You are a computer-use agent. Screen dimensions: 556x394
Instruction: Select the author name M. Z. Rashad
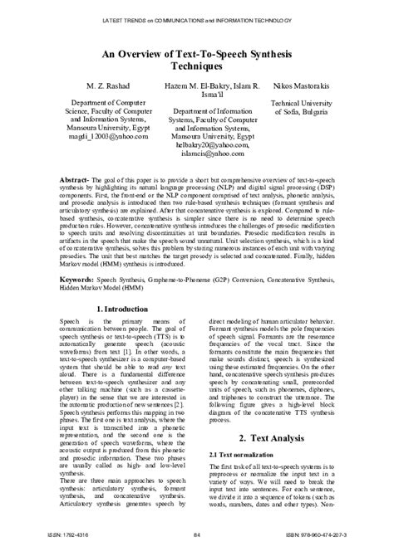92,85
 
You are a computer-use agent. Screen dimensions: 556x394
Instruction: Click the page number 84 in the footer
198,536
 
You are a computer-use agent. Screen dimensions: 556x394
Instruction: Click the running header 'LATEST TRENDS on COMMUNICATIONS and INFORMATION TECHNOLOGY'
197,17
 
